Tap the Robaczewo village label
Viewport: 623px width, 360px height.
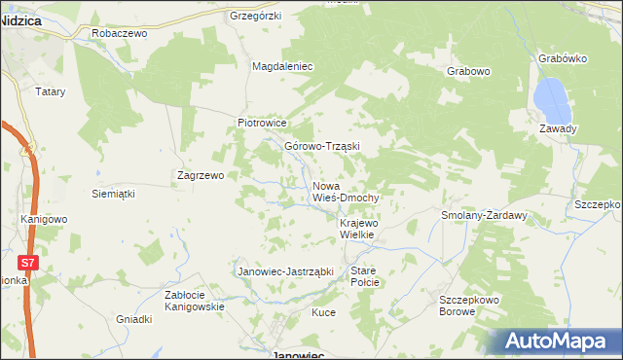tap(118, 33)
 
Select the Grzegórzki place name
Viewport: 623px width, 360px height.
tap(255, 17)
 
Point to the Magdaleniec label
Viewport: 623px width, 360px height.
tap(281, 66)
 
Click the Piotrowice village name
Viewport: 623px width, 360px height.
tap(263, 124)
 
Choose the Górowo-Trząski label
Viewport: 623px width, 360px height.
tap(322, 147)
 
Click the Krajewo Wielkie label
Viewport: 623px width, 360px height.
tap(364, 230)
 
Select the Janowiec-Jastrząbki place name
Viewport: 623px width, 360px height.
tap(286, 271)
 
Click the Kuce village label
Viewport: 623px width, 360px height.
tap(323, 312)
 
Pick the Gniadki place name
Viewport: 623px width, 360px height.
tap(134, 319)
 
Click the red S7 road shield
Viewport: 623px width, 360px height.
tap(30, 263)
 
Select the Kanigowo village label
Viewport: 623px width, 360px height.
tap(44, 219)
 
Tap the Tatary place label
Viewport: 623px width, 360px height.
tap(50, 91)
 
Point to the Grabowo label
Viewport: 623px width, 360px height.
tap(467, 72)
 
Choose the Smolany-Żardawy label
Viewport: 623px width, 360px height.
tap(484, 215)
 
